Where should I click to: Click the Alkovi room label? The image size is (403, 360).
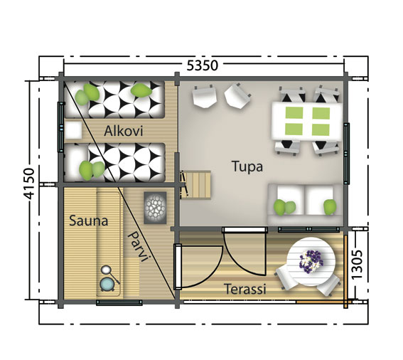[124, 131]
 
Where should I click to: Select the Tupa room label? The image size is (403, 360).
[247, 167]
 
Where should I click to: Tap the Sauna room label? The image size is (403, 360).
[88, 221]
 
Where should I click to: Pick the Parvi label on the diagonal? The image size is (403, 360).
[136, 247]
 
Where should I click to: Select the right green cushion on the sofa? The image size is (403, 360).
[330, 206]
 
